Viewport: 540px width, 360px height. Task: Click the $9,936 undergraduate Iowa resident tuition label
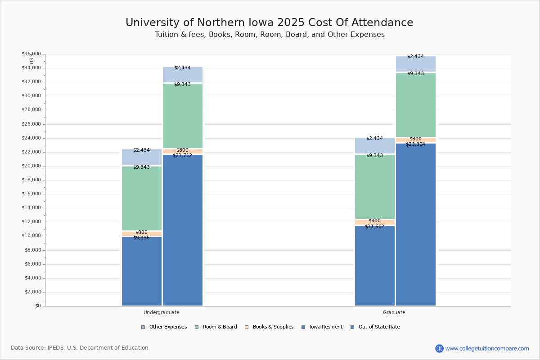(x=141, y=238)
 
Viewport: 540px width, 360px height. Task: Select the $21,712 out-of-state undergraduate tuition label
(x=182, y=155)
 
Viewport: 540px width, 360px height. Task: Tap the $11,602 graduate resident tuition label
(x=374, y=226)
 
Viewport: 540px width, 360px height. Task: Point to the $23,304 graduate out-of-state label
(x=415, y=144)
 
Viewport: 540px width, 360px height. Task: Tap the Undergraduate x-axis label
(x=161, y=312)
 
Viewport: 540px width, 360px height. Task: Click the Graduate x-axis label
(x=394, y=312)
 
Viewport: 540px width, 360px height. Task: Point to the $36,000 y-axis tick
(x=31, y=54)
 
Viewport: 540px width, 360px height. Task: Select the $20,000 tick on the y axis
(x=31, y=166)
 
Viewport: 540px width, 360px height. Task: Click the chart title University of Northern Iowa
(x=269, y=23)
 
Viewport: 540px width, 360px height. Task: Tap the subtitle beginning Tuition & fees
(x=269, y=35)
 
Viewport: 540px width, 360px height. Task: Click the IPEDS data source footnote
(x=80, y=348)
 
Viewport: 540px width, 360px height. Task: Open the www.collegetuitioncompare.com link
(x=487, y=348)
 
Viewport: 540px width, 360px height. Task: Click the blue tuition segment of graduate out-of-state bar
(x=415, y=225)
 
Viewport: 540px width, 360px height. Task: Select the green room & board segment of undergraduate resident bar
(x=141, y=198)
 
